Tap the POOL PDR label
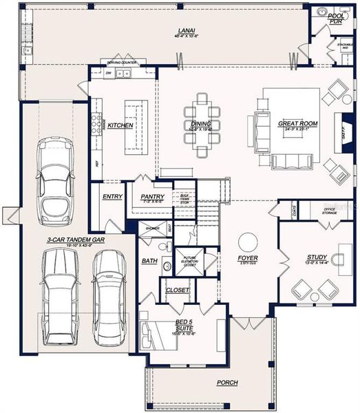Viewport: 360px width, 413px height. [335, 18]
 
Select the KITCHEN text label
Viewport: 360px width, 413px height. [120, 126]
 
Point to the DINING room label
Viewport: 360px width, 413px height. [202, 125]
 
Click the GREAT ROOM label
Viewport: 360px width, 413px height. [297, 125]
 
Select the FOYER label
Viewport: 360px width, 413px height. [248, 259]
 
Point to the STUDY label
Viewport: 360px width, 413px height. [317, 259]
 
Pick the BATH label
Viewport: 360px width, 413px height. [149, 262]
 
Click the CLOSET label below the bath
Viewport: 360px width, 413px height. [178, 290]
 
